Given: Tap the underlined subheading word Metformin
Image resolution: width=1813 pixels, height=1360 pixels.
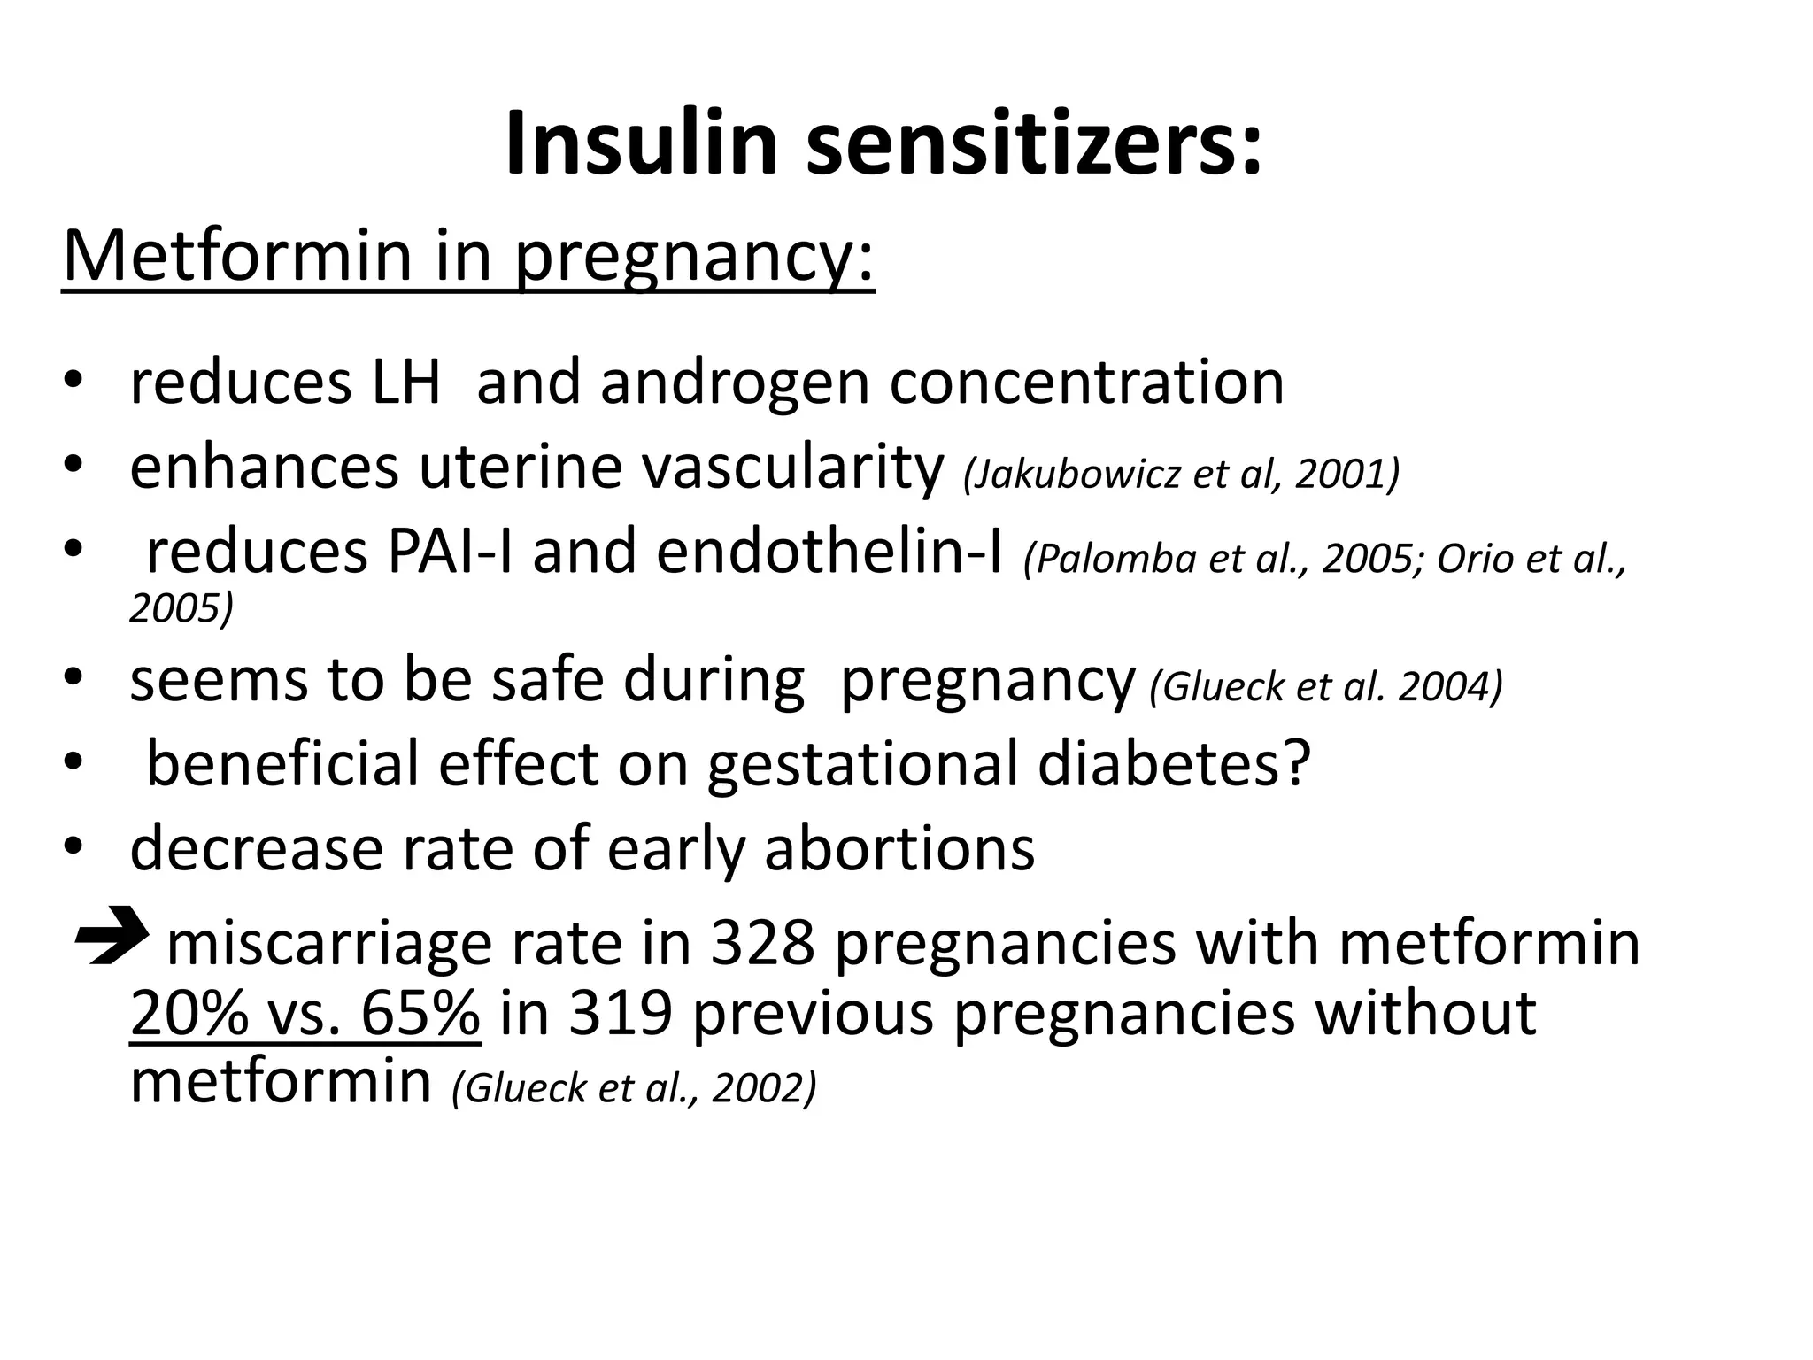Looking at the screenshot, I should (x=238, y=257).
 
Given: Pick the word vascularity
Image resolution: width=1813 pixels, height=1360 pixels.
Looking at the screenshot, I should (x=792, y=469).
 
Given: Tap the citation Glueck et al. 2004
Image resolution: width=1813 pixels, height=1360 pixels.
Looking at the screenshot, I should (x=1326, y=686).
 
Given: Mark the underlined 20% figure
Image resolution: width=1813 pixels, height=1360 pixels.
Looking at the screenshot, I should (x=189, y=1013).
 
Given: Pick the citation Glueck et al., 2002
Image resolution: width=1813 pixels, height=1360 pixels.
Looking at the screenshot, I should (x=634, y=1089).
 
